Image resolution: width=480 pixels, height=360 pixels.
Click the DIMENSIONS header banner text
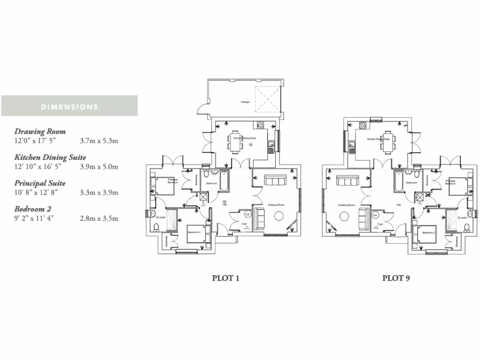click(69, 107)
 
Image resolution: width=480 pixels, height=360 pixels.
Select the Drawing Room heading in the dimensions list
click(40, 132)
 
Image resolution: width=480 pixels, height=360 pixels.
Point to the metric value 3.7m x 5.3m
click(99, 140)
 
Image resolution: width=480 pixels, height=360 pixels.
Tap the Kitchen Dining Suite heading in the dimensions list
click(50, 157)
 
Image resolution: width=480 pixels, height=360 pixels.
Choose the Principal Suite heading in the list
click(40, 183)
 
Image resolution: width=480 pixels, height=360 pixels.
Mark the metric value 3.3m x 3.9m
click(99, 192)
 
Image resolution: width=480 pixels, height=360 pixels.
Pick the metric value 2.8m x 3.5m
click(99, 218)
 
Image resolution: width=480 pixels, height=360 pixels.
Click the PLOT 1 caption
click(226, 278)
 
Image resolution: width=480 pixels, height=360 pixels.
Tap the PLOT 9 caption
click(396, 278)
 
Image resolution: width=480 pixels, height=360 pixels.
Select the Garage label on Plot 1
click(245, 102)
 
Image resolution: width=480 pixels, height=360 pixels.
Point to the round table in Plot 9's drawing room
click(345, 216)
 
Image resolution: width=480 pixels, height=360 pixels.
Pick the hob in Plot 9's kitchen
click(362, 125)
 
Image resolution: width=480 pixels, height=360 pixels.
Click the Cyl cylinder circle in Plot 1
click(248, 214)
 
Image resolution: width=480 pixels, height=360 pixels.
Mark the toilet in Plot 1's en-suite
click(156, 227)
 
